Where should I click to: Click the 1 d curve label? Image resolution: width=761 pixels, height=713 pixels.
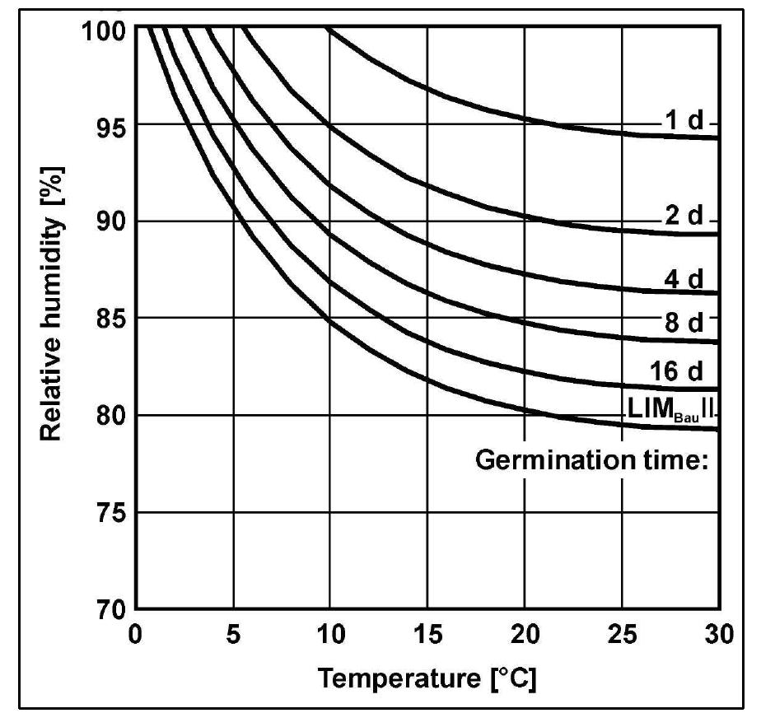[x=684, y=122]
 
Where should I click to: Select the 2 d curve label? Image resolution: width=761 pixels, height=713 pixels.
[x=684, y=217]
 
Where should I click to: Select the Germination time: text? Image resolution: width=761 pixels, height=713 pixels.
[x=592, y=461]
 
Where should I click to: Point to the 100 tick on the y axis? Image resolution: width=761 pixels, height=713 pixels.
[x=105, y=31]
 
